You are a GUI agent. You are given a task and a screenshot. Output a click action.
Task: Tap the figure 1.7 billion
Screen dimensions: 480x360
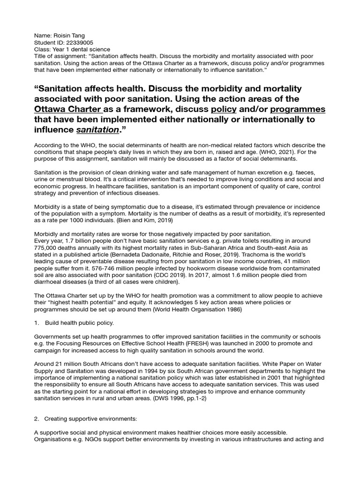[x=77, y=241]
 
